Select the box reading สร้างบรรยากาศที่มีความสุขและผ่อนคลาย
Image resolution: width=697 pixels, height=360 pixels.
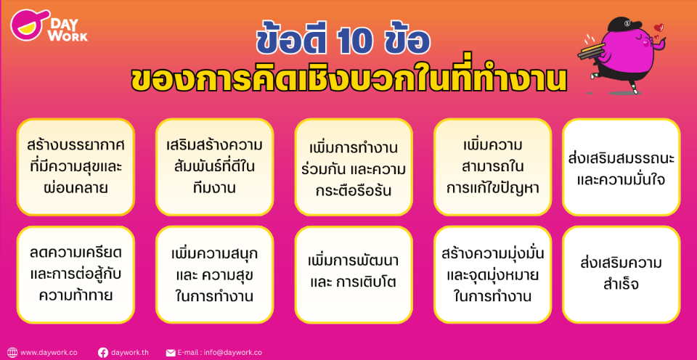point(76,167)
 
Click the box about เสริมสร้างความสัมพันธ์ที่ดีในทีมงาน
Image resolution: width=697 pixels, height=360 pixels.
point(214,167)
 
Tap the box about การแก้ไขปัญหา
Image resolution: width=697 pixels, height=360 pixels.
point(492,167)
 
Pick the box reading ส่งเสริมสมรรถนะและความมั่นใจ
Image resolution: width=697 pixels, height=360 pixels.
point(621,167)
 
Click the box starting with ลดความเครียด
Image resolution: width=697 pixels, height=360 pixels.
point(76,274)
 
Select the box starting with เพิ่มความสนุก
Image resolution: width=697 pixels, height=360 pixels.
point(214,274)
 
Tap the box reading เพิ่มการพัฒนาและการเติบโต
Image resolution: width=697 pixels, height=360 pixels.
point(353,274)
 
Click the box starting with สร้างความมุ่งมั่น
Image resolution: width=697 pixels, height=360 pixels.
point(492,274)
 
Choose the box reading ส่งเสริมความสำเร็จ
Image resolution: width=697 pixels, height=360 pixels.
point(621,274)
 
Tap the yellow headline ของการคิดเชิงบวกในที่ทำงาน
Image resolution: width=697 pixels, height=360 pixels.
point(348,79)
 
